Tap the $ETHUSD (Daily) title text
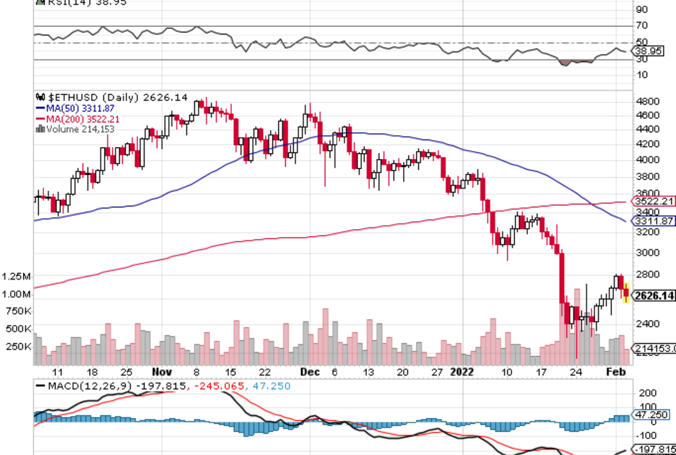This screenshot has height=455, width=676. click(x=93, y=97)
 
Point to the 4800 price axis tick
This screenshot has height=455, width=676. click(x=647, y=101)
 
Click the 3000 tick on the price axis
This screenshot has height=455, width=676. click(x=647, y=253)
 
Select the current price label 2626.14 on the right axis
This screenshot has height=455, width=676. click(x=653, y=295)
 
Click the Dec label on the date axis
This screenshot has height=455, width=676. click(x=309, y=371)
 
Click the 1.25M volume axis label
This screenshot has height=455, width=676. click(x=16, y=277)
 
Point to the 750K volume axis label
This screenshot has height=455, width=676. click(x=17, y=311)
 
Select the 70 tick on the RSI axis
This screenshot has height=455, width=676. click(x=641, y=26)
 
